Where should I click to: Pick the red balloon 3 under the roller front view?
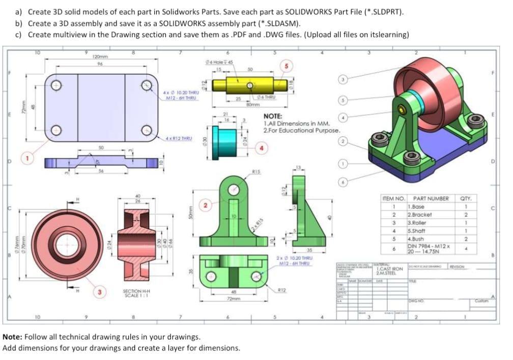pos(100,292)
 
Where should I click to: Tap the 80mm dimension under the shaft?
pos(252,105)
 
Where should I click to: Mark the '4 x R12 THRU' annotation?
pos(179,138)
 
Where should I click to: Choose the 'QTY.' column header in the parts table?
pos(466,198)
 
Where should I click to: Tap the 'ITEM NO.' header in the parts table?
pos(393,198)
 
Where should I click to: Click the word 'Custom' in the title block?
pos(481,301)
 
